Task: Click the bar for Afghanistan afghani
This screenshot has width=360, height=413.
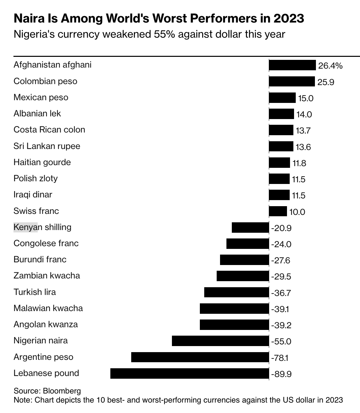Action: pos(292,65)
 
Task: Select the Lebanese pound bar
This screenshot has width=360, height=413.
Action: pos(189,373)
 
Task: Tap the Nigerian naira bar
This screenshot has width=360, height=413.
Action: pos(220,341)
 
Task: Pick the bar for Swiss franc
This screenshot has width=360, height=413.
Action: pos(278,211)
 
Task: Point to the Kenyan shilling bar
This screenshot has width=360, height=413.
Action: pos(250,227)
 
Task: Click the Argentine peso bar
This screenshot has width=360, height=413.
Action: pos(200,357)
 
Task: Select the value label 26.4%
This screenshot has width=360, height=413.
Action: pos(330,66)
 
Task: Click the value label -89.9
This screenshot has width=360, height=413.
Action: pos(281,374)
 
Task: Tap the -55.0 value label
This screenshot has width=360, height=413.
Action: pos(281,341)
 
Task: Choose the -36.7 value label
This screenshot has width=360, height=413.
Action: pos(281,293)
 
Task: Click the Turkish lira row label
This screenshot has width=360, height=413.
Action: pos(35,292)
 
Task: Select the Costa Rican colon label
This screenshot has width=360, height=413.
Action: pos(49,130)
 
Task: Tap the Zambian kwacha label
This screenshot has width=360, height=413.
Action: pos(47,276)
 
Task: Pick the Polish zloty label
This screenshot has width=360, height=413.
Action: pos(35,178)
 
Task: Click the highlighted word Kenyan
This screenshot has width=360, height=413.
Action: pos(25,227)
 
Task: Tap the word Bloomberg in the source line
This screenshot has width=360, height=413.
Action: pos(62,391)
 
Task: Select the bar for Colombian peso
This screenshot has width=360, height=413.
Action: pos(292,81)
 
